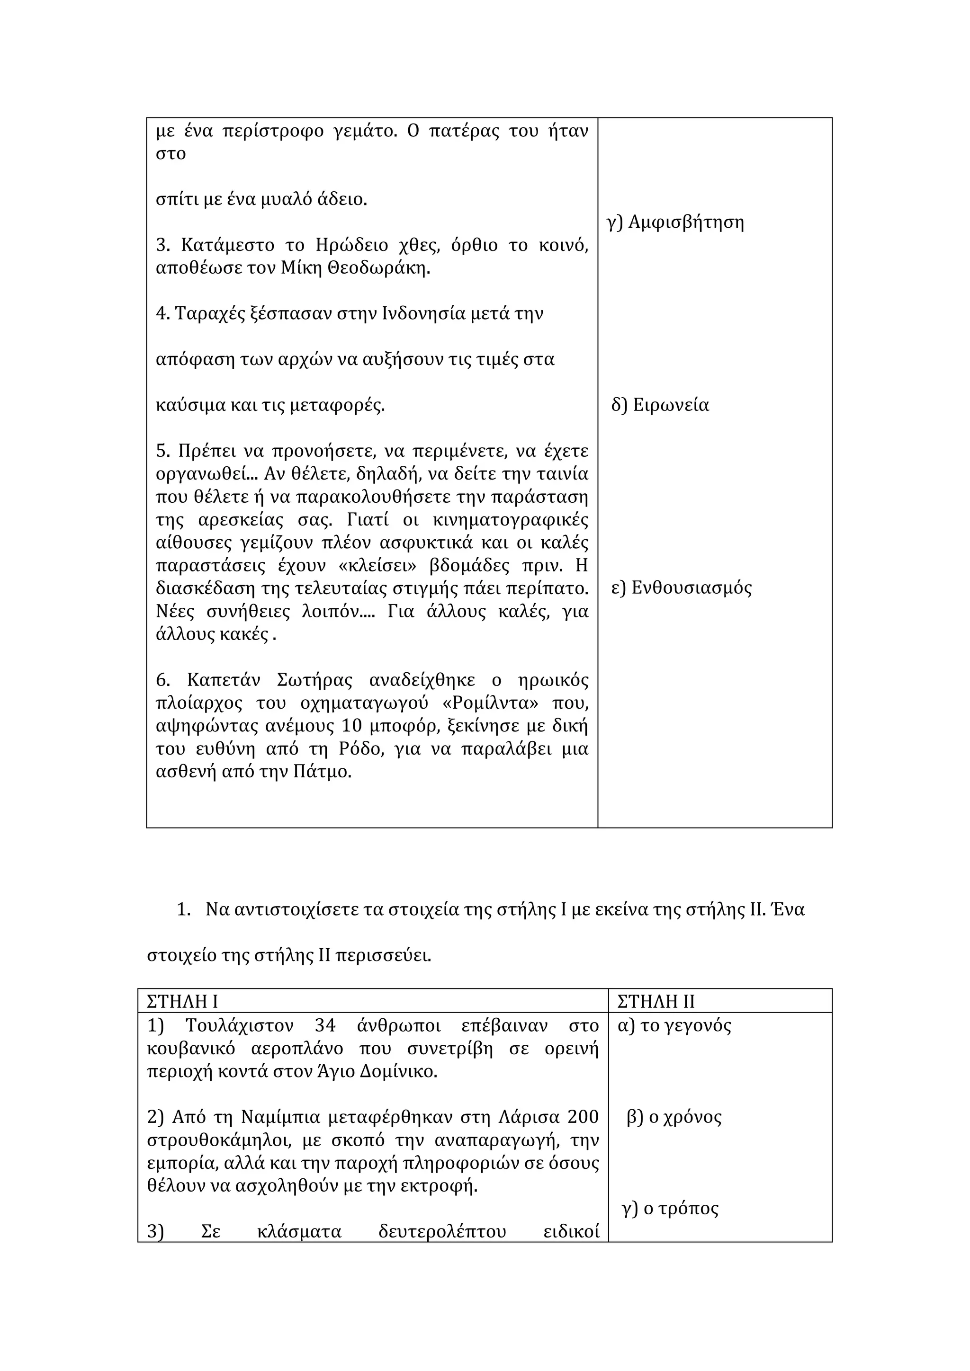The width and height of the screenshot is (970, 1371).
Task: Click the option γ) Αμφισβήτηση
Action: point(675,223)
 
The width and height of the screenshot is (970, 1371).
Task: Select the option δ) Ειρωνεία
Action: point(660,405)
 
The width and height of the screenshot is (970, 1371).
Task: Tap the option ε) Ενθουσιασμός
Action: point(682,588)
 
